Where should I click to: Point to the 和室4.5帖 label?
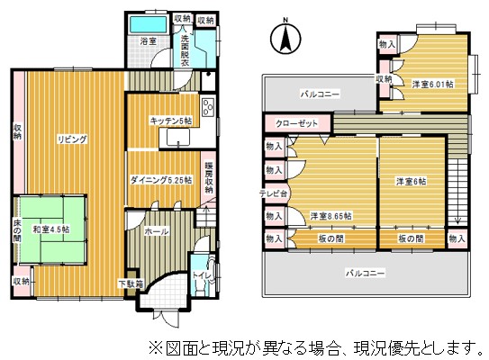click(x=53, y=229)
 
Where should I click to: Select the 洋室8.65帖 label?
click(x=331, y=216)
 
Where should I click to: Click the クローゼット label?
click(x=296, y=123)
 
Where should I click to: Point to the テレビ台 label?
click(x=274, y=193)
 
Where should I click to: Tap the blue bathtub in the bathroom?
click(x=147, y=23)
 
